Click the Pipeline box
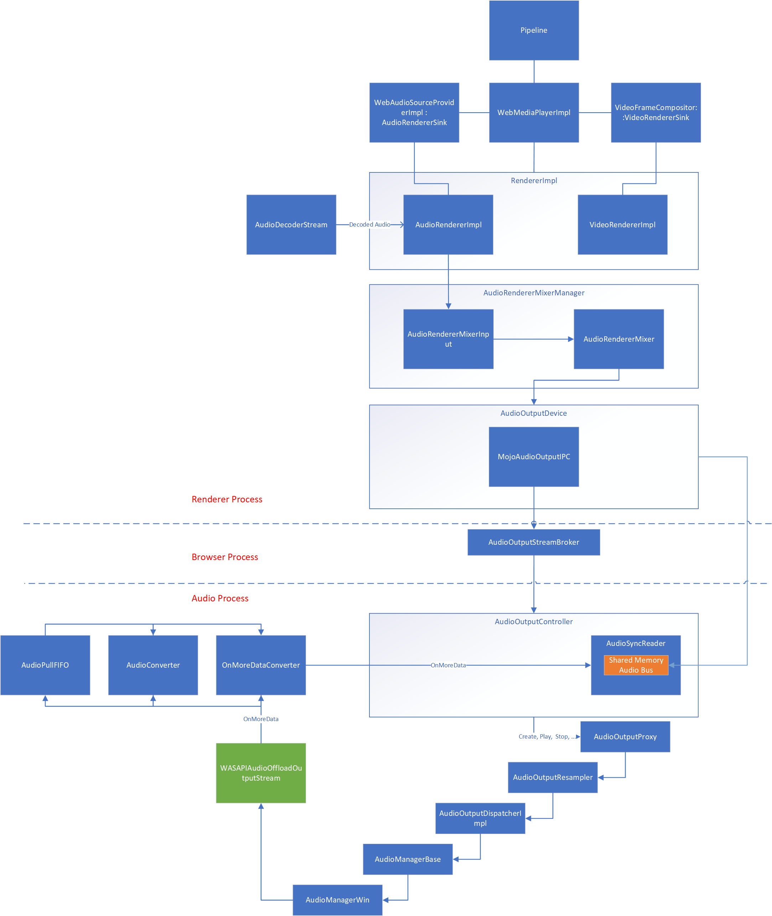[x=533, y=30]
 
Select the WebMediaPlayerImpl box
[x=533, y=113]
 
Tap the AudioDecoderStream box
[x=291, y=224]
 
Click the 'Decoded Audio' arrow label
[x=369, y=224]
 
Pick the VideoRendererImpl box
[x=622, y=224]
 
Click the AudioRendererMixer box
[x=618, y=339]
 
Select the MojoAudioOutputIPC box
[x=533, y=456]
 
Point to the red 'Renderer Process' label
[x=227, y=500]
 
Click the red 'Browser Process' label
[x=224, y=557]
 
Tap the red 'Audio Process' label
[x=220, y=598]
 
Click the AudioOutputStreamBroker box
[x=533, y=542]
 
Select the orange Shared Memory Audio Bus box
[x=636, y=665]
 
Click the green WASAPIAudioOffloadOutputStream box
[x=261, y=773]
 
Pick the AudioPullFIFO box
[x=45, y=665]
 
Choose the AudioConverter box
[x=153, y=665]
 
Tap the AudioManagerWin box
[x=337, y=900]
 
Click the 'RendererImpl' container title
[x=533, y=180]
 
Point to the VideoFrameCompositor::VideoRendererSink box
[x=656, y=113]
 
